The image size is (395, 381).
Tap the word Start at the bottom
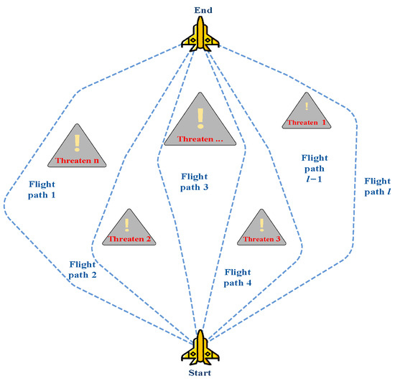pos(198,374)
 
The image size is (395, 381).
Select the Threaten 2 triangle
pos(129,230)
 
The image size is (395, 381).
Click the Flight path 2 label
pos(85,268)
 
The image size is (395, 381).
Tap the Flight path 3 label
pos(195,181)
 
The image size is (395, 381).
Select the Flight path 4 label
pos(238,278)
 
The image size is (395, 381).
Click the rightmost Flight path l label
pos(377,187)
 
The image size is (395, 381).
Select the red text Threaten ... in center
pos(200,138)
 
